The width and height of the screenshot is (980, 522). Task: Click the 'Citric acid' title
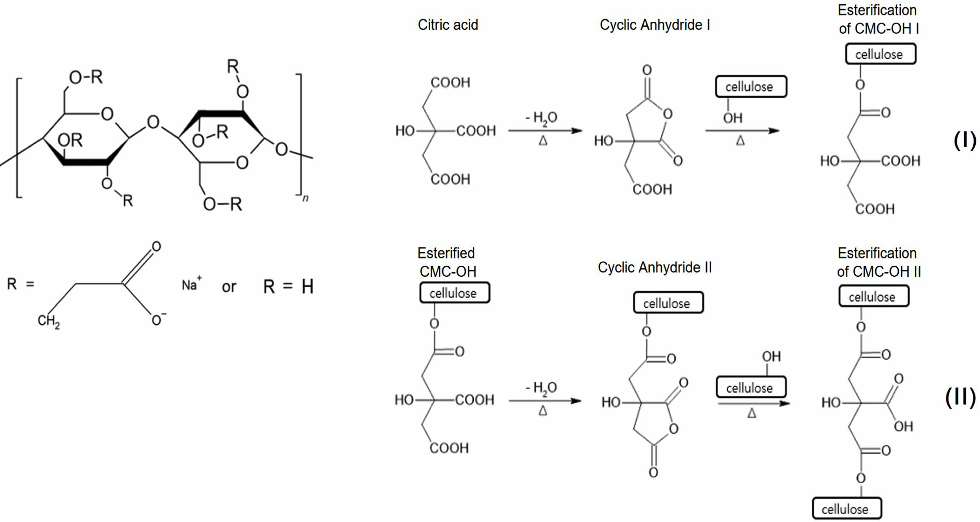point(448,25)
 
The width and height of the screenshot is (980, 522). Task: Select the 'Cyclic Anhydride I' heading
point(655,25)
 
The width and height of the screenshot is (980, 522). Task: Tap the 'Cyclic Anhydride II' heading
point(655,267)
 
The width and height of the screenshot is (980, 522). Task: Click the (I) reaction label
point(964,141)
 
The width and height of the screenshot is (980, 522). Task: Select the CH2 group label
point(49,321)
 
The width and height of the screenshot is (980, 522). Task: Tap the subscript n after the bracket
point(306,198)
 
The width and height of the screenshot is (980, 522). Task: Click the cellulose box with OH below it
point(751,87)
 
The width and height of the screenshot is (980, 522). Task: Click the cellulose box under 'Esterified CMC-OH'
point(454,293)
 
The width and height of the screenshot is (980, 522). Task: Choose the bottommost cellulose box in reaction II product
point(847,508)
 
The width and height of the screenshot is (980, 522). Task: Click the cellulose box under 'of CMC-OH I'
point(880,54)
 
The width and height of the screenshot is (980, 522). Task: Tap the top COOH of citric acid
point(450,82)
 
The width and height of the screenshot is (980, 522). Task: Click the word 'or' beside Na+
point(229,287)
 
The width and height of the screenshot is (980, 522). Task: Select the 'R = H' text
point(288,286)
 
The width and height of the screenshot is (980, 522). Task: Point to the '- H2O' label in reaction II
point(541,388)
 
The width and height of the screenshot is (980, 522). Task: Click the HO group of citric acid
point(405,131)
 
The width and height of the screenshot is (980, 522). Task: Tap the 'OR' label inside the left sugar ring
point(70,140)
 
